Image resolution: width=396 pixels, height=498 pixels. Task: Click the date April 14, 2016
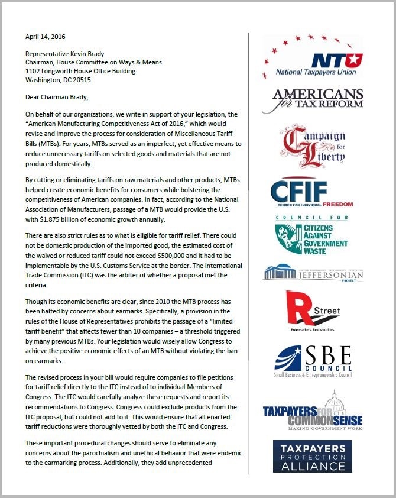pyautogui.click(x=46, y=36)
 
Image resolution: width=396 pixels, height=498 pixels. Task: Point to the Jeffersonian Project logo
pyautogui.click(x=312, y=273)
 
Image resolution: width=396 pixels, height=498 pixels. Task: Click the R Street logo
pyautogui.click(x=313, y=311)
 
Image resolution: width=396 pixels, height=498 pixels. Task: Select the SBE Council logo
pyautogui.click(x=313, y=359)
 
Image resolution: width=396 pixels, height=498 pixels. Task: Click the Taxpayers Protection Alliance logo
pyautogui.click(x=312, y=456)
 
